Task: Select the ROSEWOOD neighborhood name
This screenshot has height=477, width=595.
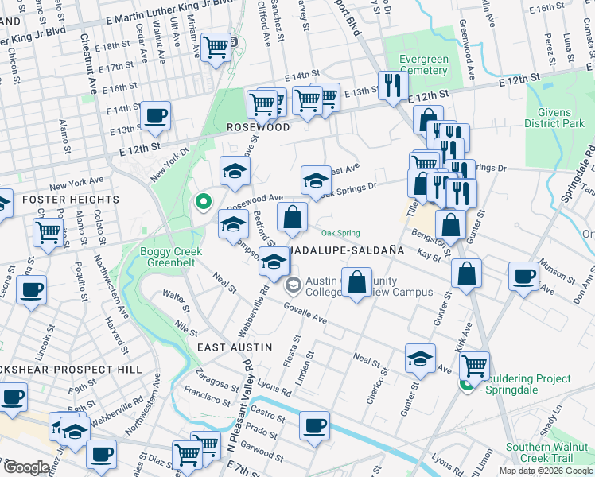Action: (258, 127)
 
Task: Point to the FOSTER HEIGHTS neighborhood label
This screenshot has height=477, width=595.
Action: (70, 200)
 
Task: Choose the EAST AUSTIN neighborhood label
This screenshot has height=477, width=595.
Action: (235, 347)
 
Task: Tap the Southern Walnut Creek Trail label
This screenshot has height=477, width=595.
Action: (545, 453)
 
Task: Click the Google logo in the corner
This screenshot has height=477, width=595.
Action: (26, 467)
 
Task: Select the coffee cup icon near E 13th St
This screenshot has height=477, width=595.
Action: (155, 115)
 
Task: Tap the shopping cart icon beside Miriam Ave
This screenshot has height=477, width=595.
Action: (215, 46)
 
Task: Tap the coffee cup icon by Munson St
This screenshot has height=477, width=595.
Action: (523, 276)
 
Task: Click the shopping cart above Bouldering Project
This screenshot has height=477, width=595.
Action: (474, 365)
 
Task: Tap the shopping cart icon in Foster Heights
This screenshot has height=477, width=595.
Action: (49, 232)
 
